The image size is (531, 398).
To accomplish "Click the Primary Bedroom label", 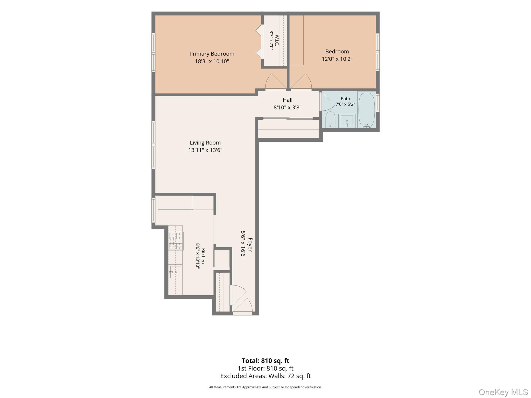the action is (x=212, y=54).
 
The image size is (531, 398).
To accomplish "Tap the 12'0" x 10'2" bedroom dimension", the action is (x=337, y=59).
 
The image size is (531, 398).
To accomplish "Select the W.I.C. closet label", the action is (x=277, y=40).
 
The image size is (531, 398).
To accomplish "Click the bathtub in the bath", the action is (x=367, y=110).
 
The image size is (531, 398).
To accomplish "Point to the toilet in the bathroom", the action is (x=330, y=120).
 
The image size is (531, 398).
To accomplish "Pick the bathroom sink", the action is (x=347, y=121).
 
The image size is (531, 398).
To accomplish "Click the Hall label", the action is (x=288, y=100).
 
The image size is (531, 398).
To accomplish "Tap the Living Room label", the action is (x=205, y=143).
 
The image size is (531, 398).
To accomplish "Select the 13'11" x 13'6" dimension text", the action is (x=205, y=150).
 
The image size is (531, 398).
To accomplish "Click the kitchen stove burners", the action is (x=176, y=241).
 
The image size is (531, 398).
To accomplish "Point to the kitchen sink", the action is (x=176, y=272).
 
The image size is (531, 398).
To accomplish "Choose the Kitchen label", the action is (x=203, y=256).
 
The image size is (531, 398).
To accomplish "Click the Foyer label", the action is (x=250, y=245).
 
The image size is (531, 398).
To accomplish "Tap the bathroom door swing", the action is (x=328, y=102).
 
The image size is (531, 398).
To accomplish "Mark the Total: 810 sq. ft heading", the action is (x=265, y=361).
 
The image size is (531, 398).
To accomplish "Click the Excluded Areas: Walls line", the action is (x=265, y=376).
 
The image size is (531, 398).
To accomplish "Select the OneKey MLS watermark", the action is (x=503, y=392).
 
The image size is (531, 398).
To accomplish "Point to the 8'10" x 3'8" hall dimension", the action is (x=288, y=108).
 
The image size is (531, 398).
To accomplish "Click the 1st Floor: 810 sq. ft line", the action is (x=265, y=368).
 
